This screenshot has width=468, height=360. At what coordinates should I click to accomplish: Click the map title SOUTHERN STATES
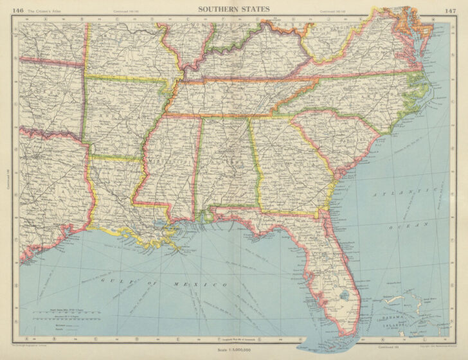click(233, 9)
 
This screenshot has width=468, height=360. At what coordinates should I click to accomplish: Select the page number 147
click(441, 9)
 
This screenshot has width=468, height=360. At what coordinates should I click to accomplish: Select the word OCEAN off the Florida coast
click(407, 226)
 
